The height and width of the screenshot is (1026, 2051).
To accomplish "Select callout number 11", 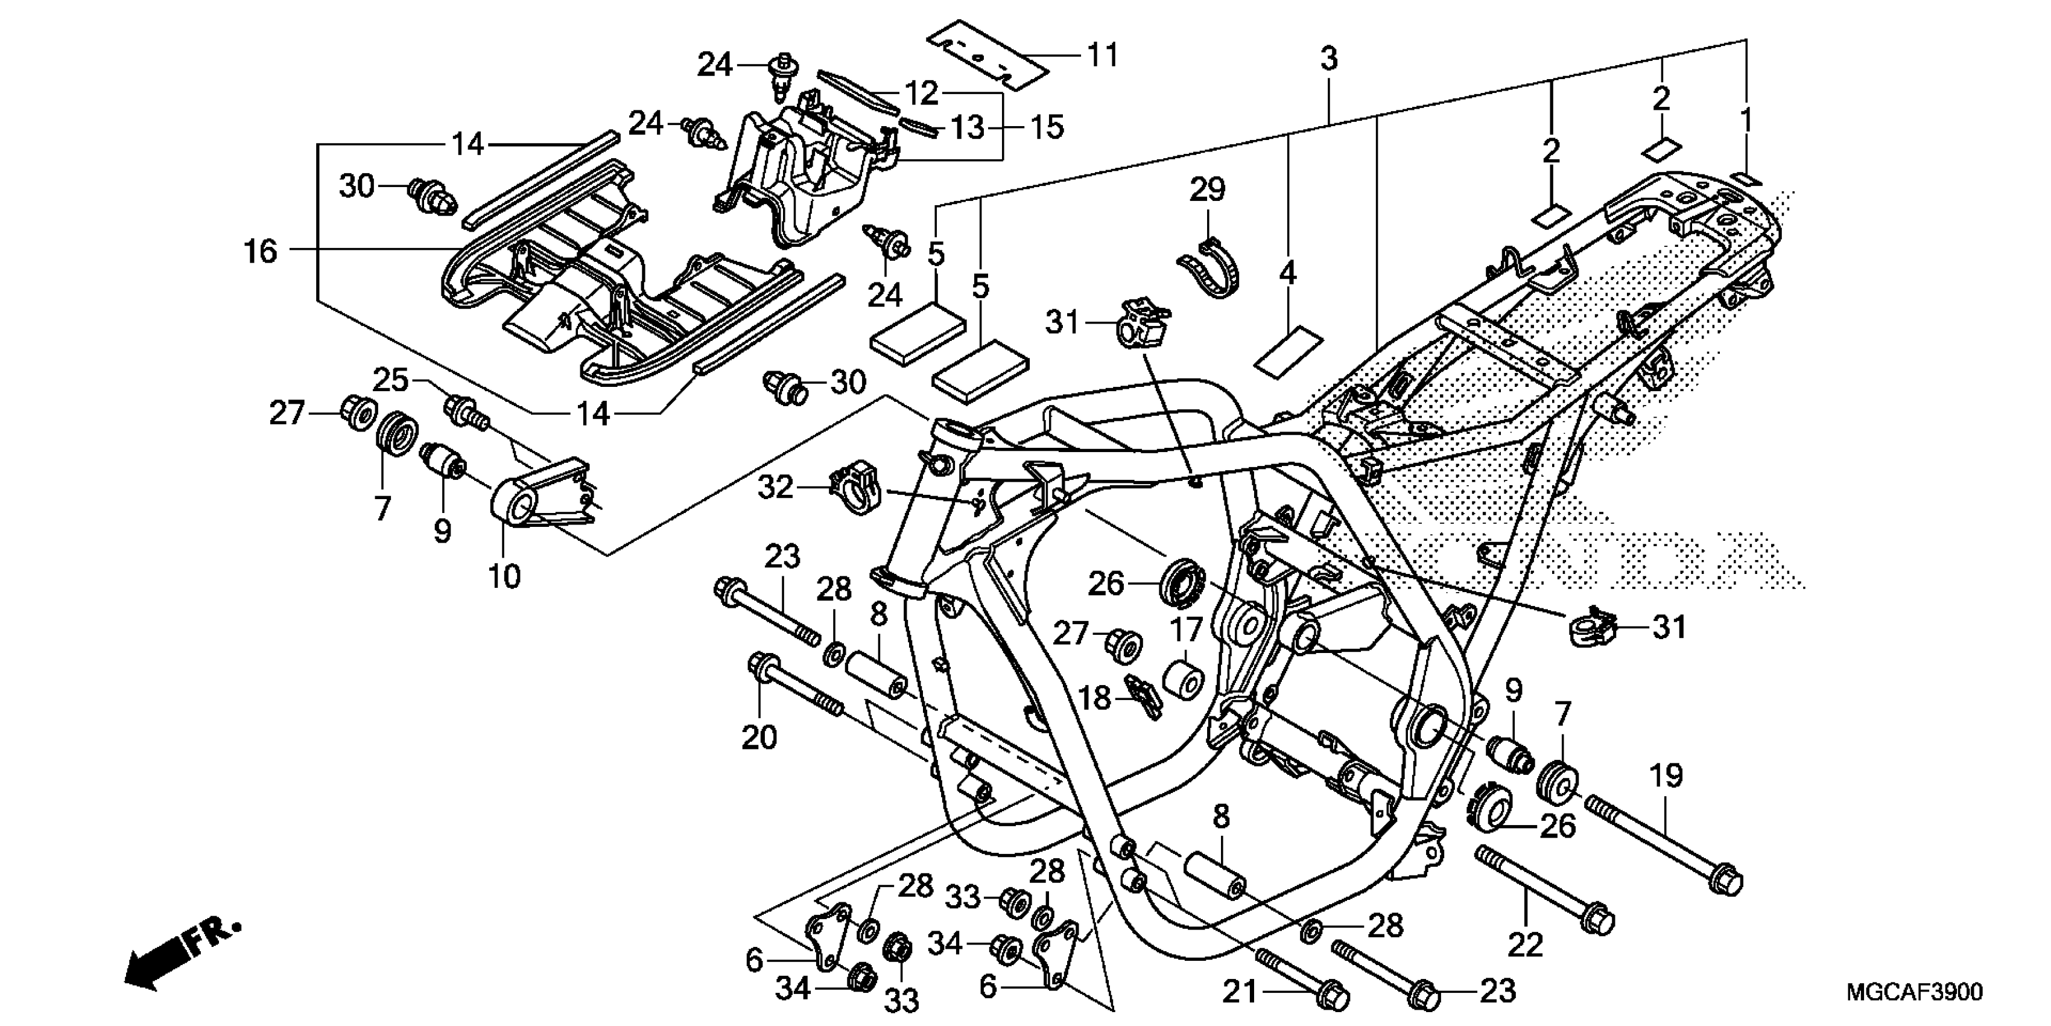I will tap(1103, 55).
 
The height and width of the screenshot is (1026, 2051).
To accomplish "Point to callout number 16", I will tap(261, 251).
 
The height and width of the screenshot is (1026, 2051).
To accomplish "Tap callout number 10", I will tap(504, 576).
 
